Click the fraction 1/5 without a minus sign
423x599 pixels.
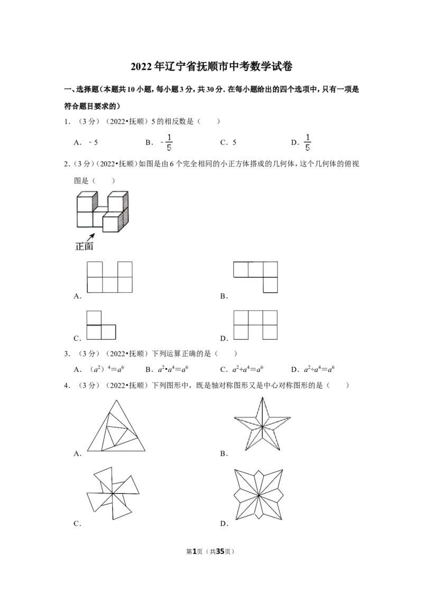[x=169, y=142]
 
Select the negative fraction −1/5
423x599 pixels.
[x=307, y=142]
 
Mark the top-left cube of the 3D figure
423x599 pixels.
[x=85, y=204]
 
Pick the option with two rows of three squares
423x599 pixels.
[x=110, y=277]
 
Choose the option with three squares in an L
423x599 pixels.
[x=101, y=325]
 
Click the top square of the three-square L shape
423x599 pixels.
[x=94, y=317]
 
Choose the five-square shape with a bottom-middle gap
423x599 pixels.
[x=255, y=325]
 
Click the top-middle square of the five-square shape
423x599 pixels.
[x=255, y=317]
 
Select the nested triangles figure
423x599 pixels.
[x=116, y=425]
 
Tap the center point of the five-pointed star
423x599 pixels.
[x=262, y=426]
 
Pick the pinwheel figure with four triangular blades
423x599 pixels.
[x=114, y=493]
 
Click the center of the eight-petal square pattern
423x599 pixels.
[x=260, y=494]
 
